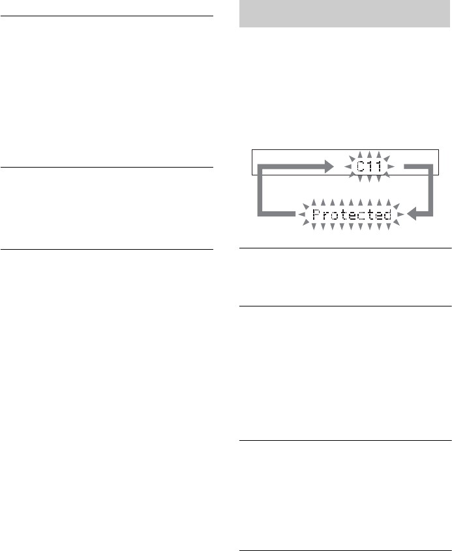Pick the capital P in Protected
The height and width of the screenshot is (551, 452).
(316, 214)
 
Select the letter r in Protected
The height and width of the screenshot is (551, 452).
(325, 215)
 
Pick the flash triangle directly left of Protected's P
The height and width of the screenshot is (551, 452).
(302, 214)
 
